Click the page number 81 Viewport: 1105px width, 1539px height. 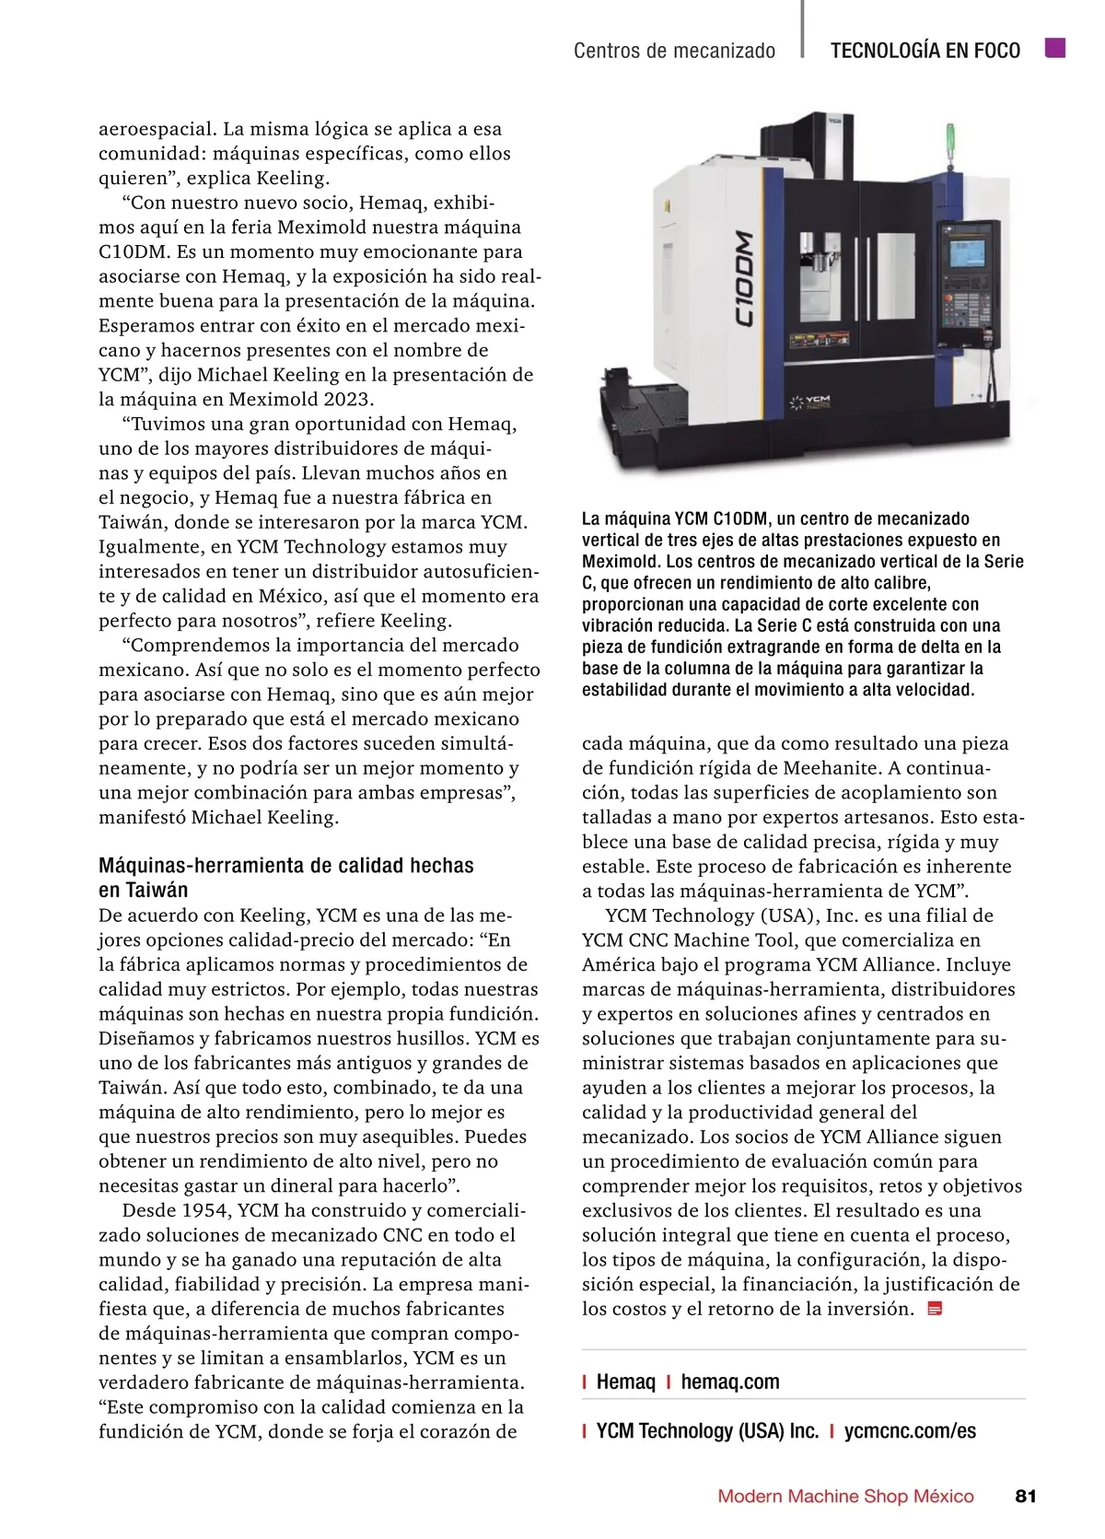click(1025, 1496)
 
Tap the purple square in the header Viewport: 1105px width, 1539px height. click(1055, 48)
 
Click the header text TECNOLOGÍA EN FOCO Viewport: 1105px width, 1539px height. click(925, 51)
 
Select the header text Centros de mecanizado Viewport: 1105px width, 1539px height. click(674, 51)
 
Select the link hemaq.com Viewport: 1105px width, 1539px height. click(729, 1382)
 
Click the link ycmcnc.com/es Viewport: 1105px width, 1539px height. click(910, 1430)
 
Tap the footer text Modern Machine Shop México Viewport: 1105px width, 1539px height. click(845, 1496)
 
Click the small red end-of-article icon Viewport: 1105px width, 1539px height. click(935, 1309)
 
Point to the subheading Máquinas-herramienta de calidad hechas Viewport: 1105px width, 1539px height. click(285, 866)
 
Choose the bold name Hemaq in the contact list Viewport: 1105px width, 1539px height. click(625, 1382)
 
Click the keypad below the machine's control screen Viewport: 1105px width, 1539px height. click(966, 304)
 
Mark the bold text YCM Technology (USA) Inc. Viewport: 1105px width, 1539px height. click(707, 1430)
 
